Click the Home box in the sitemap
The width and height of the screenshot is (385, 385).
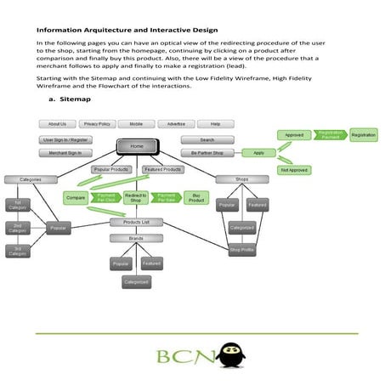tap(137, 146)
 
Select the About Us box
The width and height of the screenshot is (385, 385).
tap(58, 124)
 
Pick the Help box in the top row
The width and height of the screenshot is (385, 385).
tap(216, 124)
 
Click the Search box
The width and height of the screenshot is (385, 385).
tap(207, 139)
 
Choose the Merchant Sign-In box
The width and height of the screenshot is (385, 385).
tap(65, 153)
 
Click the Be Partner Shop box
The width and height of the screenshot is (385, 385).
tap(207, 153)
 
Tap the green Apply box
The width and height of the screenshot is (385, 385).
tap(258, 153)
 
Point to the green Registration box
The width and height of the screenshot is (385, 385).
tap(364, 135)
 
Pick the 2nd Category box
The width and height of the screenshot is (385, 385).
tap(19, 228)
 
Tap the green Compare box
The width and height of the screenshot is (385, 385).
tap(75, 198)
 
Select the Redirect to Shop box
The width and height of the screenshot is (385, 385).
tap(136, 198)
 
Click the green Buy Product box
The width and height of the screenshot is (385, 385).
tap(196, 198)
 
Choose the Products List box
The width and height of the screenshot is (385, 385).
tap(136, 222)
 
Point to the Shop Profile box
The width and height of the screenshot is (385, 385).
tap(242, 250)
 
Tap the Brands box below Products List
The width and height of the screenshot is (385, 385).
tap(136, 239)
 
